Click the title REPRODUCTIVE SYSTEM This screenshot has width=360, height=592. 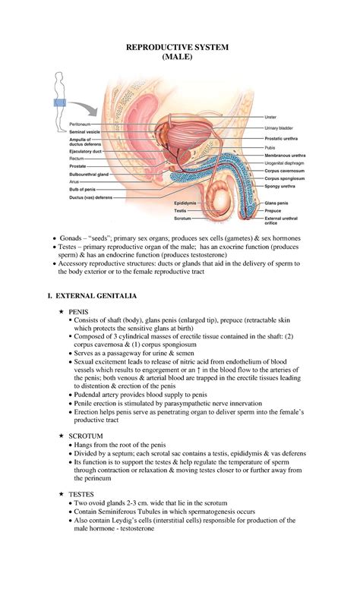pos(180,48)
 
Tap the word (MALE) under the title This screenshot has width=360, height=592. pos(179,58)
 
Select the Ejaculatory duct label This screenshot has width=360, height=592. pos(86,151)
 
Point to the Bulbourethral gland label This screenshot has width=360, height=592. pos(90,174)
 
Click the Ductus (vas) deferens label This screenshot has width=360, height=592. pos(90,197)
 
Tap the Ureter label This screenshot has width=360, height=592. pos(270,117)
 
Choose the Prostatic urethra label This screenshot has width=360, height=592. pos(283,138)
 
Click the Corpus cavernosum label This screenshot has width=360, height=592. pos(285,172)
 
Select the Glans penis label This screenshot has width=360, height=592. pos(276,203)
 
